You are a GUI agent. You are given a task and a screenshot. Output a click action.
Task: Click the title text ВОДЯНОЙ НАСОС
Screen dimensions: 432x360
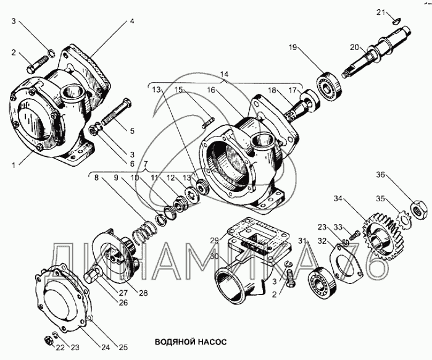[x=191, y=340]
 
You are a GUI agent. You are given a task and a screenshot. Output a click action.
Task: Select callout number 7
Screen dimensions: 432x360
[x=146, y=165]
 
